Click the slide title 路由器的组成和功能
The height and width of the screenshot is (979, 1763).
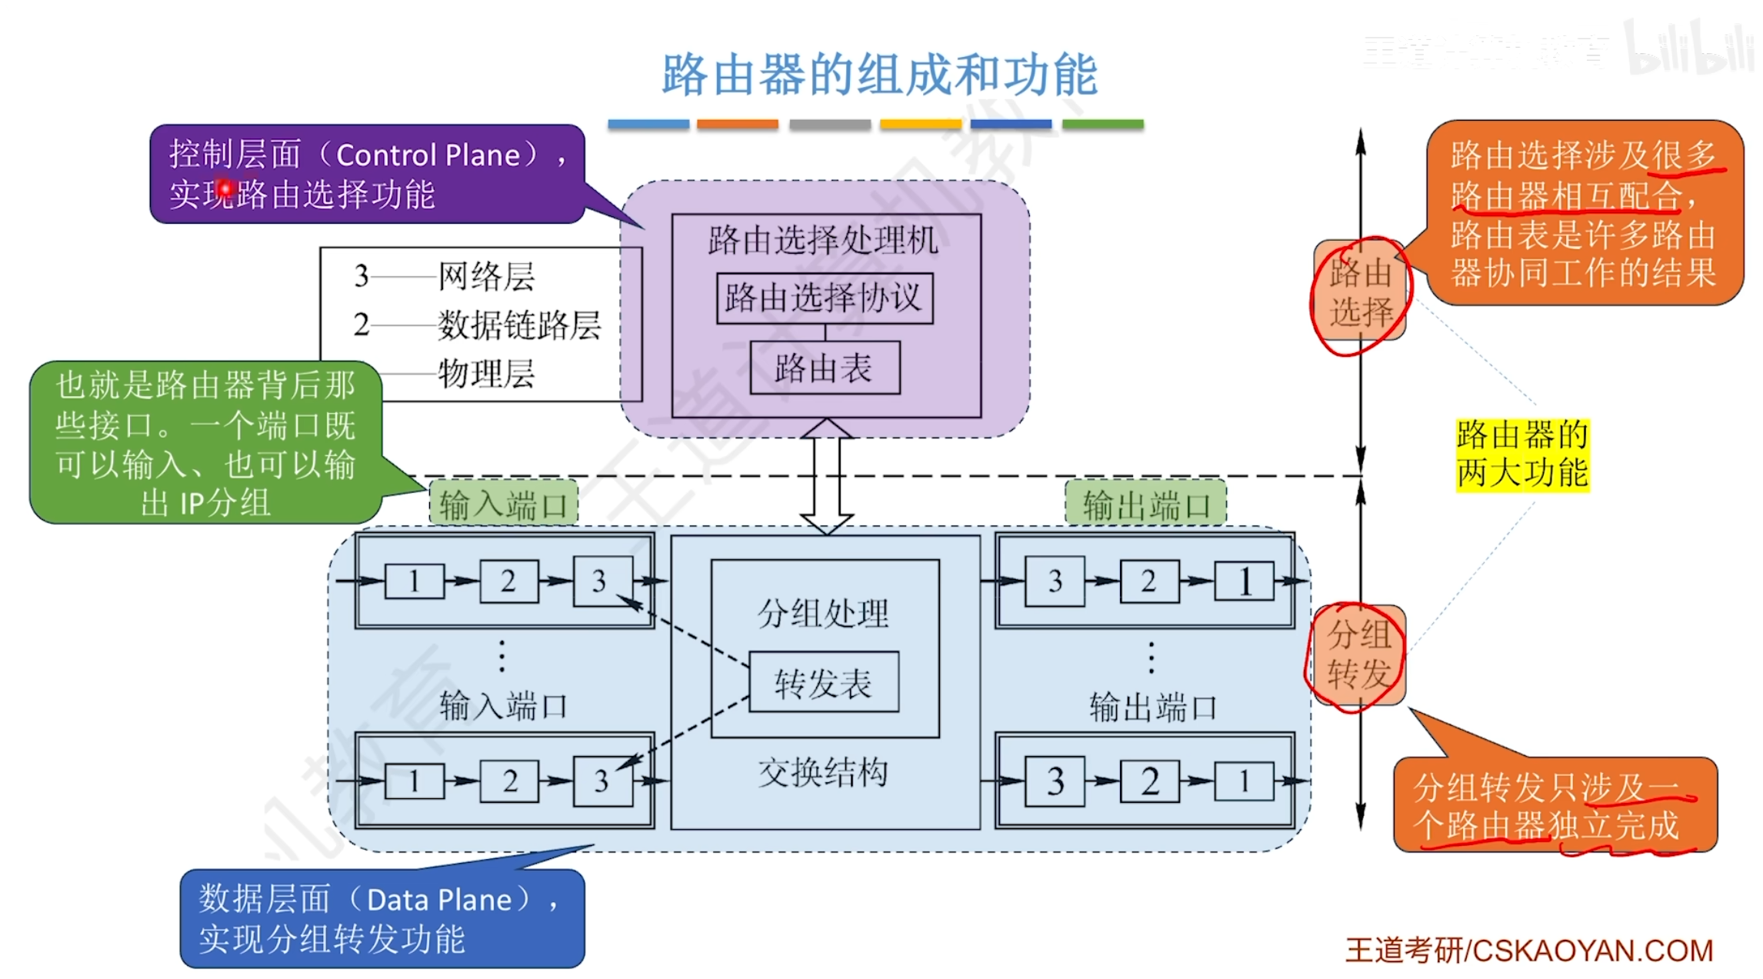point(879,75)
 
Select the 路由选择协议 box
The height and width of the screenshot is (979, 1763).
point(824,298)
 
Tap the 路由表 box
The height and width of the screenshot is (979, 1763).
point(824,368)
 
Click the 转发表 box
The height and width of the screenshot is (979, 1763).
point(823,683)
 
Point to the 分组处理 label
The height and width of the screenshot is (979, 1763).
point(823,614)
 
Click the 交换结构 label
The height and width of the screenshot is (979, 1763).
point(823,772)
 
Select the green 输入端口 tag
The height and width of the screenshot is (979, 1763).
point(503,504)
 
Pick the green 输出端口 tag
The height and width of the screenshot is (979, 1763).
point(1145,504)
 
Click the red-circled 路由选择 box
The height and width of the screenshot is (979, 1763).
point(1361,292)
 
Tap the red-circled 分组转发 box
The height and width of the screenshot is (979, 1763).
point(1358,655)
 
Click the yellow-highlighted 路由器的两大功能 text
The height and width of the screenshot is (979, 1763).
point(1522,455)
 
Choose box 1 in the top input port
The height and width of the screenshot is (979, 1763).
point(414,581)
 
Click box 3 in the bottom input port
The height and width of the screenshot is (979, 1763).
point(602,781)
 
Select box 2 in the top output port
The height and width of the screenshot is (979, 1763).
point(1148,581)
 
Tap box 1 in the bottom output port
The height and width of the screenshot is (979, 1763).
point(1243,781)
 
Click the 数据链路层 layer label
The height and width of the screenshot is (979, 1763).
point(519,325)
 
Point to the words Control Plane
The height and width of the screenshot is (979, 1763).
point(428,155)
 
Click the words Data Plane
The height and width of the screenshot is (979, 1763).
point(439,900)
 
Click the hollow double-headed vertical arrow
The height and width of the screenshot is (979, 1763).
point(826,477)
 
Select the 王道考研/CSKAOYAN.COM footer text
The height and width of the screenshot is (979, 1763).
point(1528,951)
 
